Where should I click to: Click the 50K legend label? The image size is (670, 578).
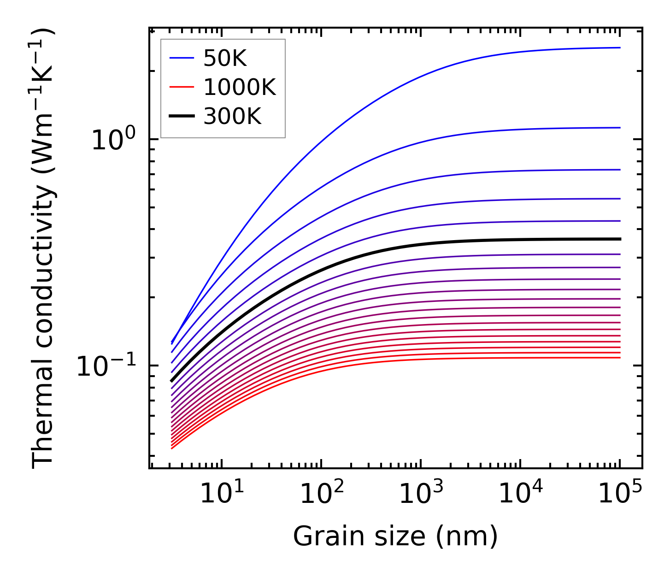click(225, 59)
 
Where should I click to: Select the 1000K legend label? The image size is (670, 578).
click(240, 87)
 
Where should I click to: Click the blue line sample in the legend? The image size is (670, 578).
click(182, 58)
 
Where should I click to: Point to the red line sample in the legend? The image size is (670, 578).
click(182, 87)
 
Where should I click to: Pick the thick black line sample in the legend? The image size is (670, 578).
click(182, 116)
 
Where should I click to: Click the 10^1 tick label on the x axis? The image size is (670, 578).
click(222, 495)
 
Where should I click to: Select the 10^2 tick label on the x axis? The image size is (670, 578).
click(322, 495)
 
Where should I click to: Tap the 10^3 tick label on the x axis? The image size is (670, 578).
click(421, 495)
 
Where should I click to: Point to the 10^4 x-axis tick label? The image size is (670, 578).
click(521, 495)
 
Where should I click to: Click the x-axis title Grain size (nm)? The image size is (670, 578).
click(395, 537)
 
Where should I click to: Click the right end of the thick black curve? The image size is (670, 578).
click(620, 239)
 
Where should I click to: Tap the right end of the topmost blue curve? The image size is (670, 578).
click(620, 47)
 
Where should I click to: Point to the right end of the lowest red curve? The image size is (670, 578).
click(620, 358)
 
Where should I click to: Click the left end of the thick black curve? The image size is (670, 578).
click(171, 381)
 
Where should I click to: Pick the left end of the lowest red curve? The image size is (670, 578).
click(171, 448)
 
